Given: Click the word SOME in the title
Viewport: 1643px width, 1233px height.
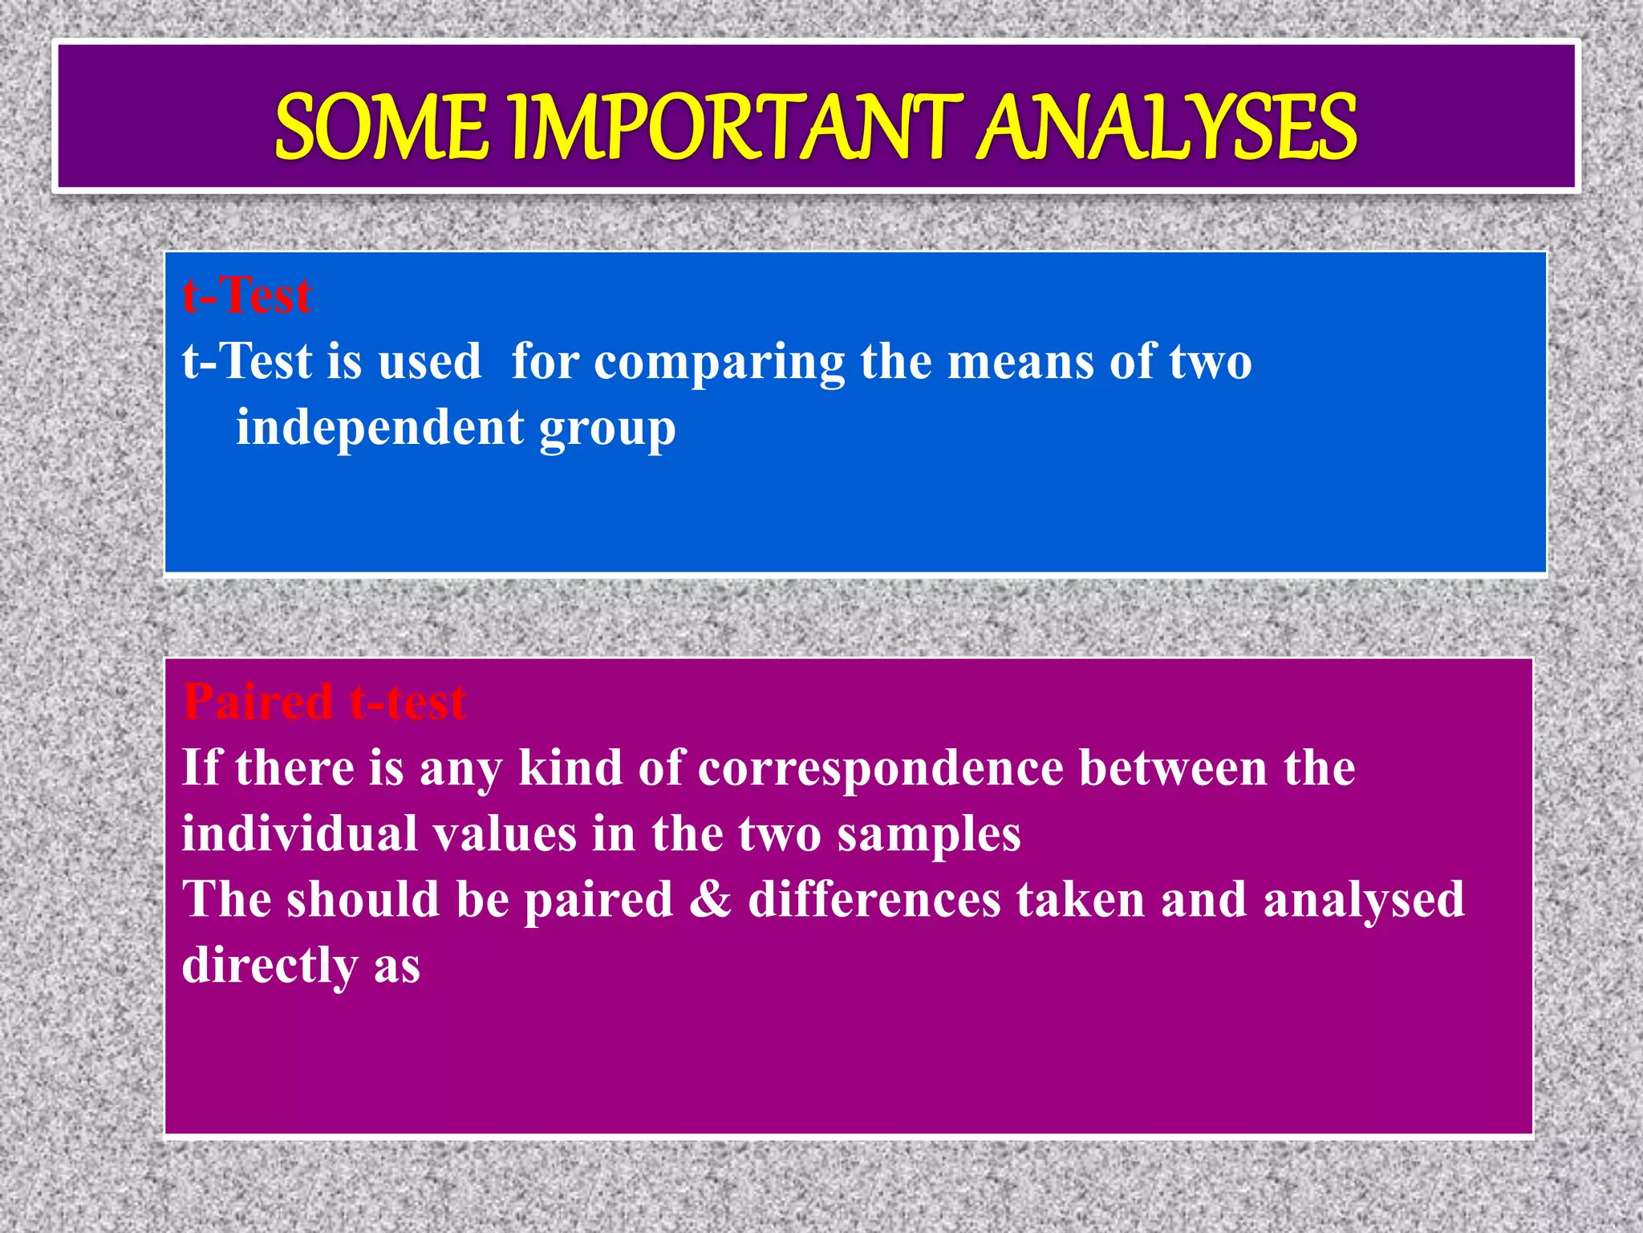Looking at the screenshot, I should point(381,127).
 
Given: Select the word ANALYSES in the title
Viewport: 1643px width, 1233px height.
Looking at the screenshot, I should point(1168,127).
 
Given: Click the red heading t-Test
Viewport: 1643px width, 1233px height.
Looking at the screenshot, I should point(246,295).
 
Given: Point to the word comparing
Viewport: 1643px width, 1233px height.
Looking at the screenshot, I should point(720,363).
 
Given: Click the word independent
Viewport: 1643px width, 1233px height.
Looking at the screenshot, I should point(379,427).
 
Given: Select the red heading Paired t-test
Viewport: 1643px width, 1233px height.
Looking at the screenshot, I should point(324,702).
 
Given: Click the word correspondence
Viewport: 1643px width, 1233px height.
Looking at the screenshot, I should point(881,769).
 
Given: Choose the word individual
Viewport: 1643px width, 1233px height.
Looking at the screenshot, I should point(299,833).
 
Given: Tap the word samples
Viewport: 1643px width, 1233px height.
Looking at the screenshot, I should point(929,835).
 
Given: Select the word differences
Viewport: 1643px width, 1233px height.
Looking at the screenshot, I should point(874,899).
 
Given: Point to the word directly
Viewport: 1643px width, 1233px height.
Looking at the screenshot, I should point(270,965).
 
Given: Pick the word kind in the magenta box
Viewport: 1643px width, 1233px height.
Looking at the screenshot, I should point(570,767).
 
